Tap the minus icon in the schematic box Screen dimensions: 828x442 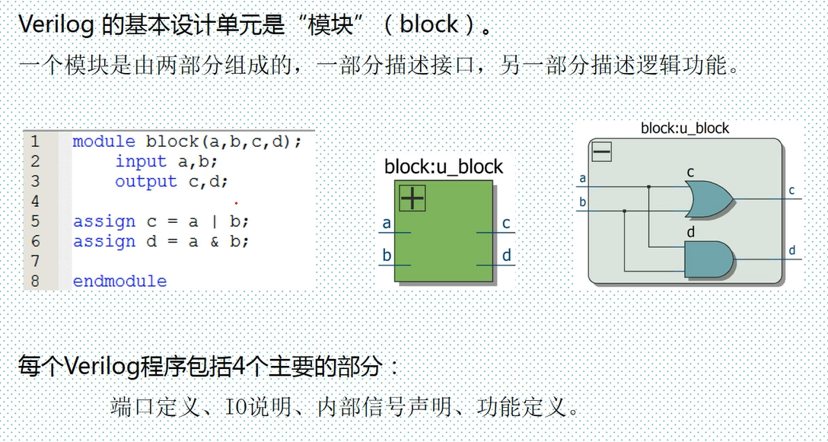(602, 152)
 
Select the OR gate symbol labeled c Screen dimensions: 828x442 (708, 199)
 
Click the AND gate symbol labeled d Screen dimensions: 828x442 (709, 259)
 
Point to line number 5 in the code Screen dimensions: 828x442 (35, 221)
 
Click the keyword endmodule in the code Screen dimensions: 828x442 (119, 281)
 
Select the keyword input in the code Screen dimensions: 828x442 (141, 161)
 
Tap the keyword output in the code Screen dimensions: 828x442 (145, 181)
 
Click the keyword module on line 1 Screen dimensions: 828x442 (103, 142)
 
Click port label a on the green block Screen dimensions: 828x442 (387, 223)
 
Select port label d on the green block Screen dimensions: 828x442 (507, 256)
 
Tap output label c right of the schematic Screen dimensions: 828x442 (791, 190)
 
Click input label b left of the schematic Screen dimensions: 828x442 (583, 202)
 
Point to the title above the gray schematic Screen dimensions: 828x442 (685, 128)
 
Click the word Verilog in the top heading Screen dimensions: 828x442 (56, 24)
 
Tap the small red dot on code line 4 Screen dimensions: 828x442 (236, 203)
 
